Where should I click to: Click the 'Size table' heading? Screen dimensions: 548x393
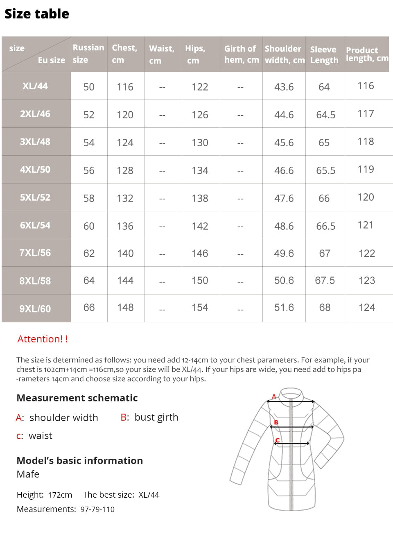tap(37, 14)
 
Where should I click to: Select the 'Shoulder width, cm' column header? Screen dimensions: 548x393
tap(285, 54)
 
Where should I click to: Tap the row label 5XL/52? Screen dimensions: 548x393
tap(35, 197)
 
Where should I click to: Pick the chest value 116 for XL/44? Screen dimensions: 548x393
tap(125, 87)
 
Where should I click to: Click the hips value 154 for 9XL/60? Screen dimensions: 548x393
tap(200, 308)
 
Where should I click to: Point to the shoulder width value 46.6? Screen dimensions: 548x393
tap(284, 170)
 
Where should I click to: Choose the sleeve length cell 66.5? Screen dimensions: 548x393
tap(325, 226)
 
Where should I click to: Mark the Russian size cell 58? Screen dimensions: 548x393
tap(89, 198)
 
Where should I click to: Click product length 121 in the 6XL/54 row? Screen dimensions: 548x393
tap(365, 225)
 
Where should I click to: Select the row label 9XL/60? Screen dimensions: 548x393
tap(35, 309)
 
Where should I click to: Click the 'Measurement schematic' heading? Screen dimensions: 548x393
tap(77, 398)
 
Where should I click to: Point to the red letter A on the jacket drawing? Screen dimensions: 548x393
tap(274, 396)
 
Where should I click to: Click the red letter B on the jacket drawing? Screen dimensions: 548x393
tap(276, 422)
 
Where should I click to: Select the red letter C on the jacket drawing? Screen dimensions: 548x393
tap(278, 440)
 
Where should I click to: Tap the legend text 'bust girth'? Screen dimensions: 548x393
tap(156, 417)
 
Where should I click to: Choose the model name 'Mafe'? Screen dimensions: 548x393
tap(28, 474)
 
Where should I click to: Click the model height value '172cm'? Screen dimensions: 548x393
tap(60, 495)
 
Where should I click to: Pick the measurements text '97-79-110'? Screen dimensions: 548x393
tap(97, 509)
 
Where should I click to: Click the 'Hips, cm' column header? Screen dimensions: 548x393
tap(195, 54)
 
